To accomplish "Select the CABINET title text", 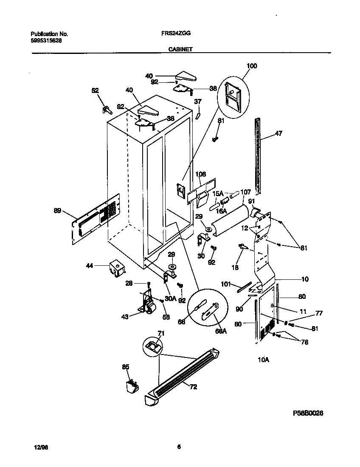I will tap(181, 49).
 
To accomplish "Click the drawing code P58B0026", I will tap(310, 413).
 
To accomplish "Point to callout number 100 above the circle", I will tap(252, 66).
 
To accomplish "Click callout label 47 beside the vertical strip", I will tap(278, 133).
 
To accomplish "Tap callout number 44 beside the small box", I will tap(89, 265).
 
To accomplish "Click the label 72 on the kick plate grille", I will tap(193, 387).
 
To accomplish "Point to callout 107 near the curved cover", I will tap(246, 192).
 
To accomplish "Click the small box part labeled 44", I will tap(115, 269).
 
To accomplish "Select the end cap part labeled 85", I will tap(132, 386).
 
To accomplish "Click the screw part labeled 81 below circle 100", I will tap(216, 138).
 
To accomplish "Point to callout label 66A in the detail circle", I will tap(221, 331).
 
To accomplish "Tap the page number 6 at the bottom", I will tap(179, 446).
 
